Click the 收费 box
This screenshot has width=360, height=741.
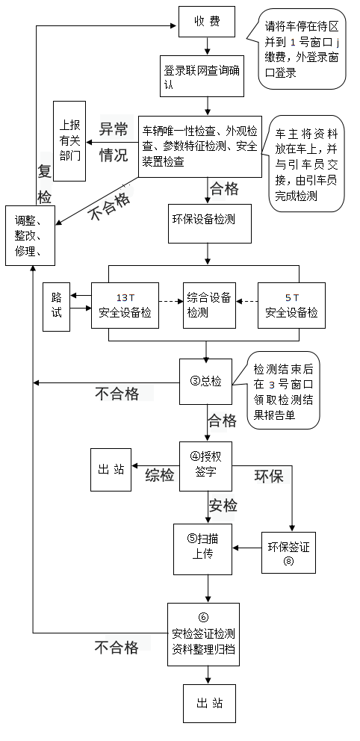tap(206, 21)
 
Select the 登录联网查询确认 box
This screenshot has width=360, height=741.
tap(202, 77)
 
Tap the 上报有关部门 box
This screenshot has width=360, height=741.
tap(69, 141)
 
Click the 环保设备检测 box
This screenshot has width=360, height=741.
tap(210, 223)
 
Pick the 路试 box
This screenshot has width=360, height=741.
tap(56, 307)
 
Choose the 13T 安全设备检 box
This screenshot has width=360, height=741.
tap(125, 306)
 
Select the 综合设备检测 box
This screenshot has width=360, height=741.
tap(209, 306)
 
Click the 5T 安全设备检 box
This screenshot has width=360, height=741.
tap(291, 306)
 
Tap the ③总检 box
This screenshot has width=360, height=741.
tap(205, 382)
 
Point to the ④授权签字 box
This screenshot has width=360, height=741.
tap(205, 466)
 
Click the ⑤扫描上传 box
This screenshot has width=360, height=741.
tap(202, 549)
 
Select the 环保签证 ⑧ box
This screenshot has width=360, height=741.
tap(288, 553)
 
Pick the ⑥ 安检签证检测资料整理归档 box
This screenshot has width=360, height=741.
tap(204, 634)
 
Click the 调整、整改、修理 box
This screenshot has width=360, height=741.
tap(30, 235)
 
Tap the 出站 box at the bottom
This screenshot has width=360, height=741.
tap(209, 704)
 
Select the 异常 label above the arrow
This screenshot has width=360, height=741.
tap(114, 129)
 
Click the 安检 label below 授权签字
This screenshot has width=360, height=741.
tap(223, 506)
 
